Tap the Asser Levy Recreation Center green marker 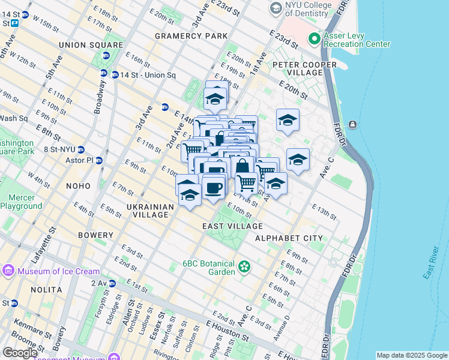pyautogui.click(x=313, y=39)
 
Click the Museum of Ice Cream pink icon pyautogui.click(x=8, y=271)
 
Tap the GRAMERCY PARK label pyautogui.click(x=191, y=36)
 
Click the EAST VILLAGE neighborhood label pyautogui.click(x=232, y=226)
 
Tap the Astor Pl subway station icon pyautogui.click(x=100, y=161)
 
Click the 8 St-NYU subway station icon pyautogui.click(x=80, y=149)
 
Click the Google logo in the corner pyautogui.click(x=20, y=353)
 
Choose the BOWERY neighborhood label pyautogui.click(x=95, y=235)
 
